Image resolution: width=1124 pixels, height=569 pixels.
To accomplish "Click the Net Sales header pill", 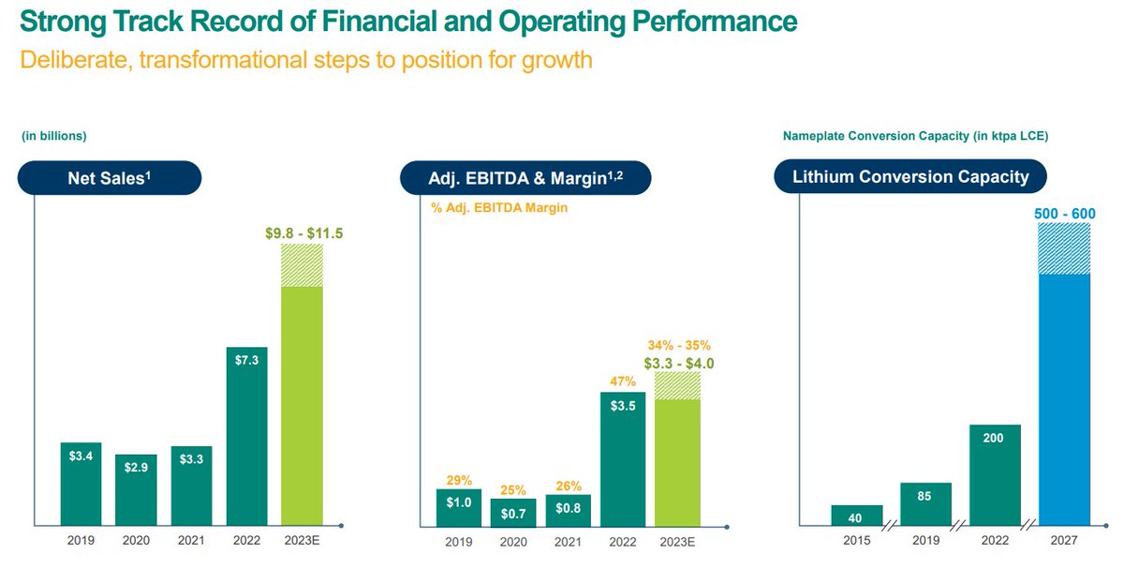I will pos(111,177).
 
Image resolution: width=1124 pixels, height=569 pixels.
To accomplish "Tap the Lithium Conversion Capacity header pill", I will pos(910,176).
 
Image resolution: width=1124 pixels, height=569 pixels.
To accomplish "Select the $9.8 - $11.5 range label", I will pos(302,232).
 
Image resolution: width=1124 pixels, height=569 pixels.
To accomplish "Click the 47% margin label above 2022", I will pos(623,382).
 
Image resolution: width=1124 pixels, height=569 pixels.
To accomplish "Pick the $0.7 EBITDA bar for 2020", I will pos(513,511).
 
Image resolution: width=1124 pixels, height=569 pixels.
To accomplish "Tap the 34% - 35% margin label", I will pos(677,345).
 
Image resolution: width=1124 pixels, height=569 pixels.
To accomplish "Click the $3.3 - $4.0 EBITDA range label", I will pos(677,363).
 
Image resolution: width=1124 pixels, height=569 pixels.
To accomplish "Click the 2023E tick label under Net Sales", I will pos(302,541).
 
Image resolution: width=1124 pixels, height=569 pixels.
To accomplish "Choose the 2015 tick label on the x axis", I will pos(857,541).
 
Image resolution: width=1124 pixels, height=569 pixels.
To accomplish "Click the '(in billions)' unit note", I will pos(53,136).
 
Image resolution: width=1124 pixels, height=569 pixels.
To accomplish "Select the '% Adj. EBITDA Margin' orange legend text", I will pos(499,208).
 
